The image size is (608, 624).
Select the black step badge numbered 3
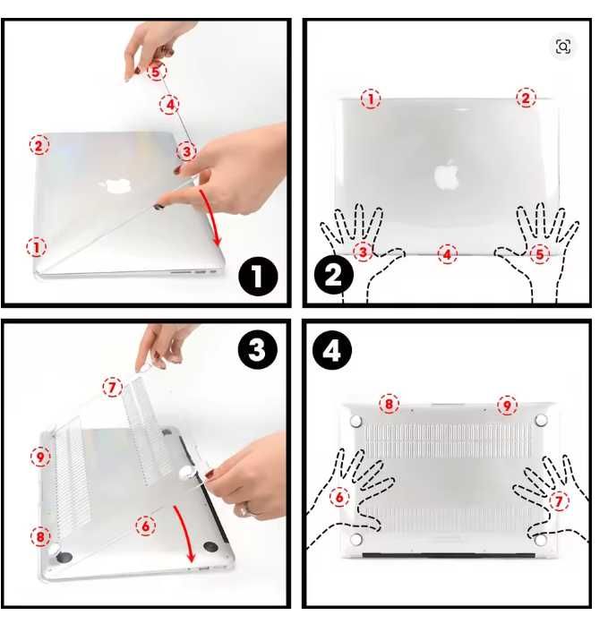259,351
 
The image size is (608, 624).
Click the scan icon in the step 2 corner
563,47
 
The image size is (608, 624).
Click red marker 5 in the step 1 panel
157,70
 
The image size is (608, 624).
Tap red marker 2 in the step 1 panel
39,144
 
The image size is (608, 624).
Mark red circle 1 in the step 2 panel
370,98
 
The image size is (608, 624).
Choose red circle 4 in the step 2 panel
447,254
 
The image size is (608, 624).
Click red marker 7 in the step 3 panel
111,388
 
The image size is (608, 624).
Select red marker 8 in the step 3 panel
39,537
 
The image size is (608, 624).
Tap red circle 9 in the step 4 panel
508,405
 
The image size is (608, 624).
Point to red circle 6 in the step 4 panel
339,497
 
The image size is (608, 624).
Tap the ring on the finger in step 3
242,509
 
